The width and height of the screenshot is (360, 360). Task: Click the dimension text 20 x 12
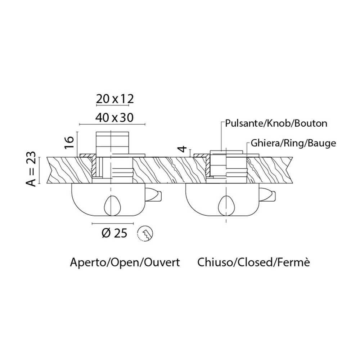[114, 99]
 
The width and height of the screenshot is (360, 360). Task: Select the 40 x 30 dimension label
[114, 118]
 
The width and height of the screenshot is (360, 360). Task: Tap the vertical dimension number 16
[69, 142]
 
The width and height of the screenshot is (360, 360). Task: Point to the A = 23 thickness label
[31, 168]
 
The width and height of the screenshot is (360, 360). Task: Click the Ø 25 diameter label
[114, 234]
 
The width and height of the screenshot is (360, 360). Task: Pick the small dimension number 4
[183, 149]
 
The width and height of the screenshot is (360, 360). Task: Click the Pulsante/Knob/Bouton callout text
[276, 123]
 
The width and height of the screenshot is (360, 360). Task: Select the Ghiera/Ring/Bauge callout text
[293, 143]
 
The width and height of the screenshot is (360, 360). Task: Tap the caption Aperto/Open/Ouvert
[125, 262]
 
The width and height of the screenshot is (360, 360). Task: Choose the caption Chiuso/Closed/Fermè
[253, 262]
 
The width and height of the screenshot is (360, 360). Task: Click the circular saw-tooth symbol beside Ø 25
[145, 234]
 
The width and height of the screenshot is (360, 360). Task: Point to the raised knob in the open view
[112, 143]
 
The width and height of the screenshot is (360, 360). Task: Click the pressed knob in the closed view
[226, 153]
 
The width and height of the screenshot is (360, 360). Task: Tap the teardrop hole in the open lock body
[112, 205]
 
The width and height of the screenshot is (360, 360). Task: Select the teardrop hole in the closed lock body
[226, 205]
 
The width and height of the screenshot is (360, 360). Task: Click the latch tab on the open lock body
[153, 194]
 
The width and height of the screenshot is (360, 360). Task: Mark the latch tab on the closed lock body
[267, 194]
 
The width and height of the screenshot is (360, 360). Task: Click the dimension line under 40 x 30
[112, 125]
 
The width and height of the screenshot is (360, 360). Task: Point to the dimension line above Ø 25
[112, 223]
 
